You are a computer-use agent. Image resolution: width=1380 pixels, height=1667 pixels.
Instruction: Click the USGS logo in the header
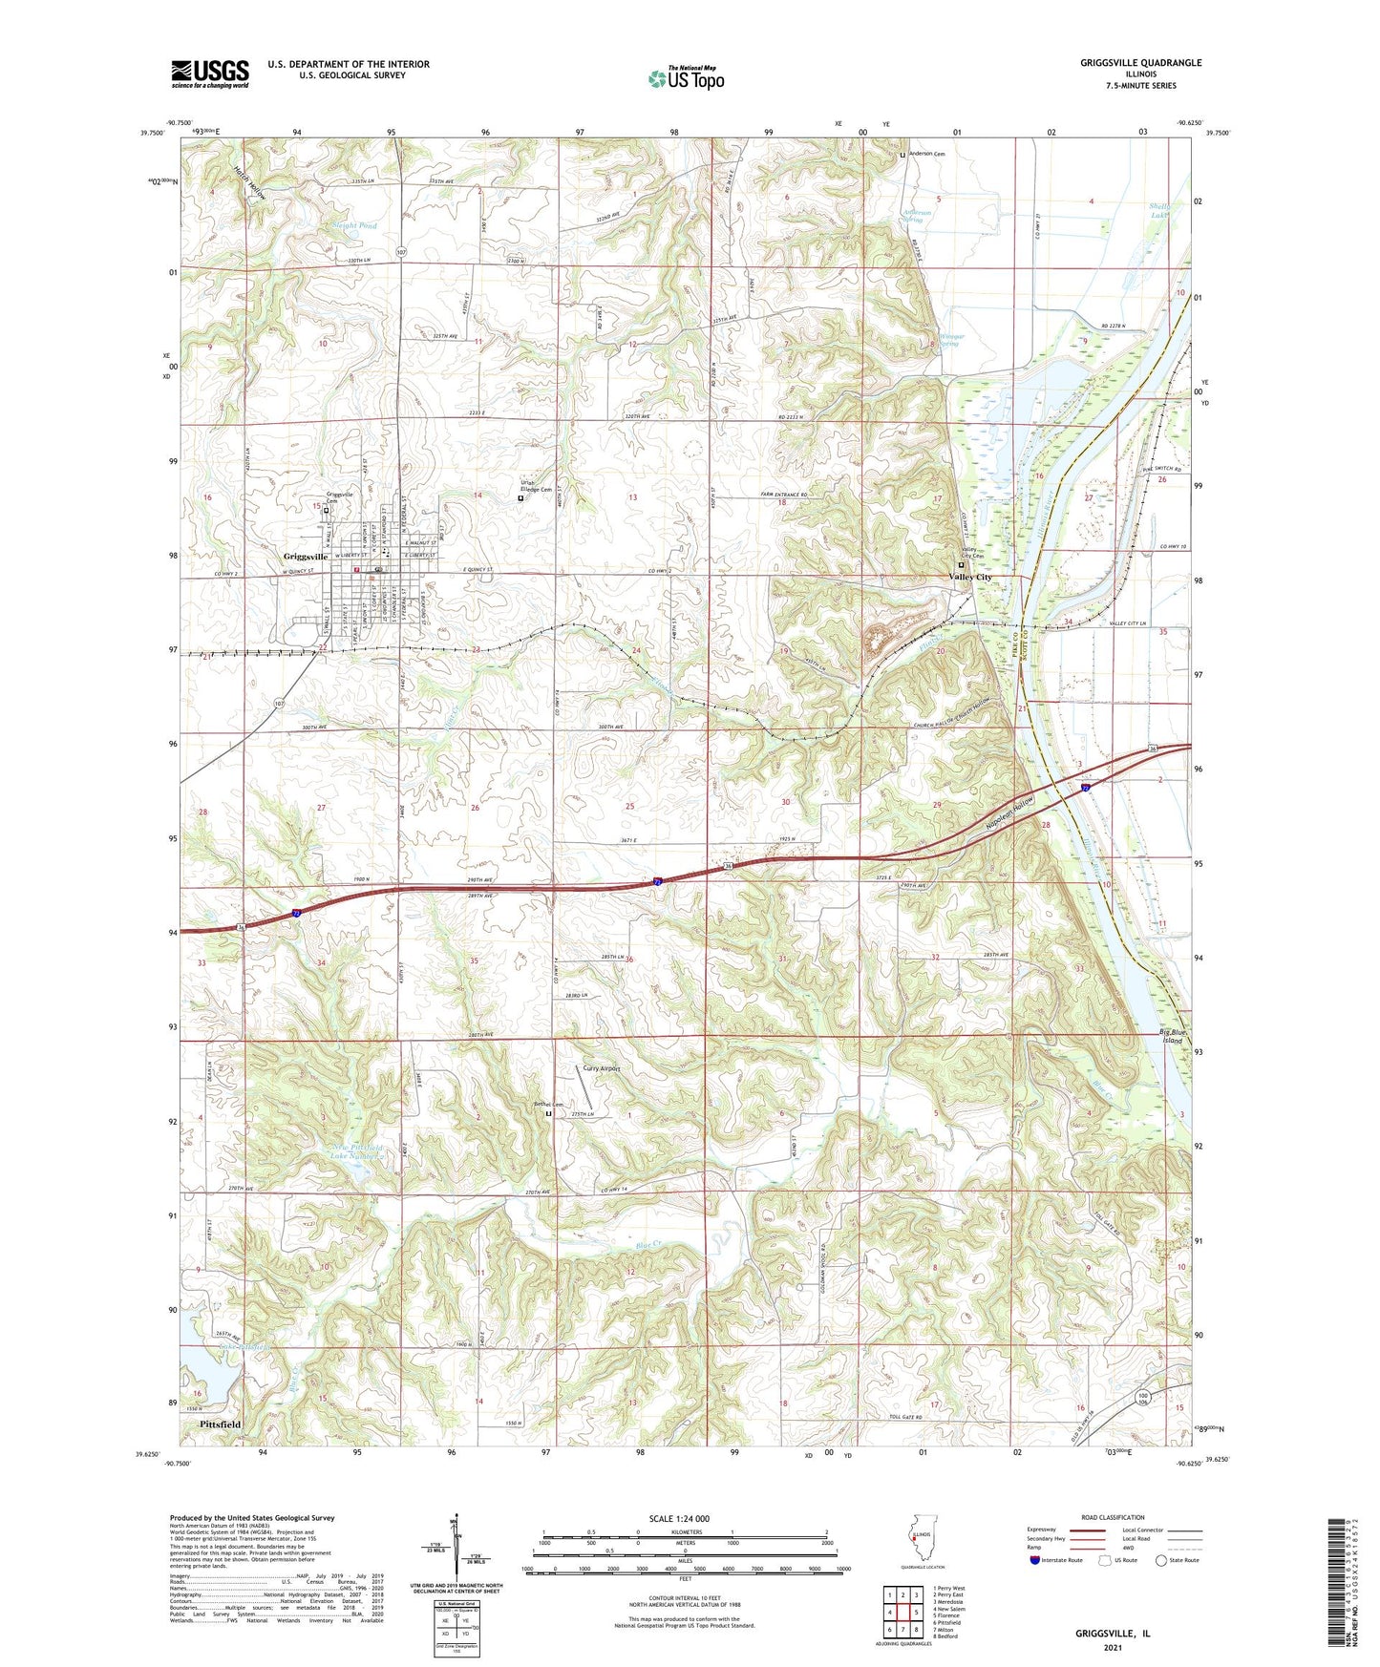(210, 74)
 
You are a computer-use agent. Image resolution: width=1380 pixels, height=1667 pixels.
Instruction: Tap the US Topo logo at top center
(686, 78)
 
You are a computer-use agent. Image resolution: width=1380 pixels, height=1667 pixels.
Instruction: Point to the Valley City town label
(970, 578)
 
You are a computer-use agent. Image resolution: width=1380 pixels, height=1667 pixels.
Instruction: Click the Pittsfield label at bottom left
(221, 1424)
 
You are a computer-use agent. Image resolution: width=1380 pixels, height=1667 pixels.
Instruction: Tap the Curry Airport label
(602, 1068)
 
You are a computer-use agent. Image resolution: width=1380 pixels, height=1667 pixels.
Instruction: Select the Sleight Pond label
(354, 226)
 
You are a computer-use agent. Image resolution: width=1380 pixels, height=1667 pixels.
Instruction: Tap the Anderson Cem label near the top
(925, 154)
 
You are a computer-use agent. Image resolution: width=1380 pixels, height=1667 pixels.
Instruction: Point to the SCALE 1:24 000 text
(679, 1518)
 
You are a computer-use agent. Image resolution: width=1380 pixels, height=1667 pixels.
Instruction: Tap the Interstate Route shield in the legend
(1036, 1560)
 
